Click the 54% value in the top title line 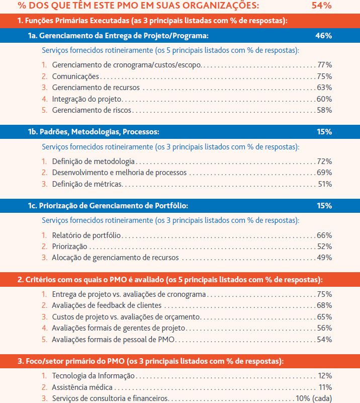point(321,6)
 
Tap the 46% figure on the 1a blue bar point(323,35)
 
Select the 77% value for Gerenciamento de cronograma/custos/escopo point(325,65)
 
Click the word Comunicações point(75,76)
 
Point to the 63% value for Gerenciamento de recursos point(324,88)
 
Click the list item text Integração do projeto point(87,99)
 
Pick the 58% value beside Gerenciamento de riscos point(324,110)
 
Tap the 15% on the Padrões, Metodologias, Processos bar point(324,132)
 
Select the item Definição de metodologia point(93,162)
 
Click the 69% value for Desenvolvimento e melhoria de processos point(324,173)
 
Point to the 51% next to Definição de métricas point(325,184)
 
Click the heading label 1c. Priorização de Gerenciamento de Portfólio point(108,206)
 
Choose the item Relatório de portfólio point(86,235)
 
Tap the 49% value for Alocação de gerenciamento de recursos point(324,258)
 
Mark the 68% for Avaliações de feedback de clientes point(324,305)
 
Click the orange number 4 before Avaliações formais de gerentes point(44,328)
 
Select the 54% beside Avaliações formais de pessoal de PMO point(324,340)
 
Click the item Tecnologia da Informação point(93,376)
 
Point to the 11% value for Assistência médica point(325,387)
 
